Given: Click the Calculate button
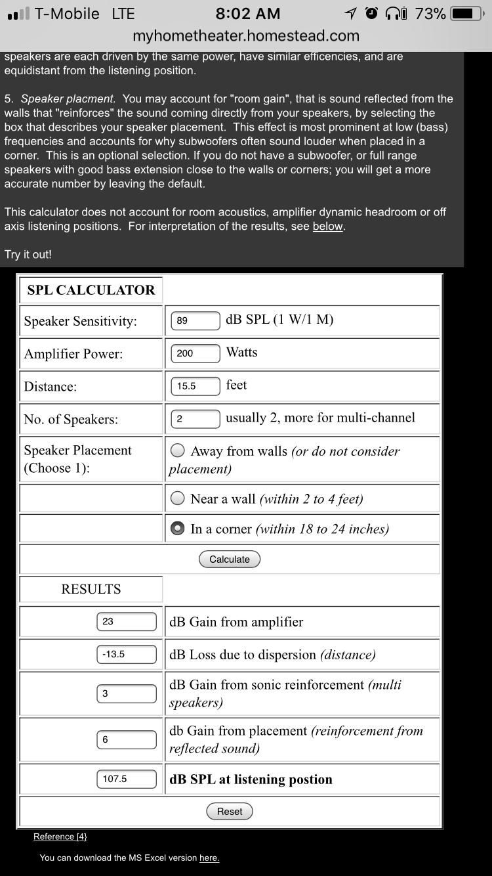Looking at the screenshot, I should coord(230,559).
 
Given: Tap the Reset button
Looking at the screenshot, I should coord(230,812).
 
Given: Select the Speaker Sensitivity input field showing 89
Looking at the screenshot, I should coord(195,320).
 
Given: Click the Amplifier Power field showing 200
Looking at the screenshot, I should coord(195,353).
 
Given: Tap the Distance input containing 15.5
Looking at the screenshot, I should coord(195,386).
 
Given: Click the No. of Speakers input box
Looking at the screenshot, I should coord(195,419).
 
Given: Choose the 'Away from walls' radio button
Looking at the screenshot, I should coord(177,451).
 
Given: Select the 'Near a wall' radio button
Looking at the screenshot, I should coord(177,499).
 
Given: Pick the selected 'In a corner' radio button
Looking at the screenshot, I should coord(177,529).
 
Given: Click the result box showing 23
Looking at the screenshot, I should coord(127,621).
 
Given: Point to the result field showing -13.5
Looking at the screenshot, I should coord(127,654).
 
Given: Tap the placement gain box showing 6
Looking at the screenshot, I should coord(127,739).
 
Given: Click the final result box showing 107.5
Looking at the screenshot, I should coord(127,779).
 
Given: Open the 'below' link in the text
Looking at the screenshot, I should coord(327,227).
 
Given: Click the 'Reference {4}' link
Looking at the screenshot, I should coord(60,837).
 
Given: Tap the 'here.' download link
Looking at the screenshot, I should coord(209,858).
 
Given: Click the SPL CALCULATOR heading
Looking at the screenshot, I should coord(91,290).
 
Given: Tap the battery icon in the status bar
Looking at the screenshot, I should coord(467,14).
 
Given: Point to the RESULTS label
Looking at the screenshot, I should coord(91,589).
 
